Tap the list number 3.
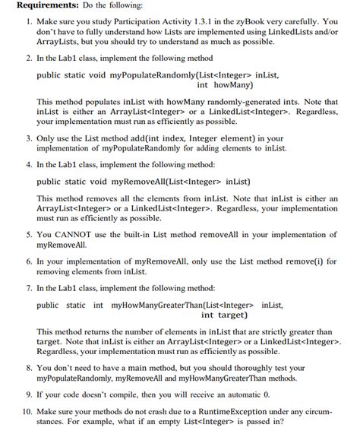click(27, 140)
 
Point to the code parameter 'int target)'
click(226, 315)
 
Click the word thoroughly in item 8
click(248, 367)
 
